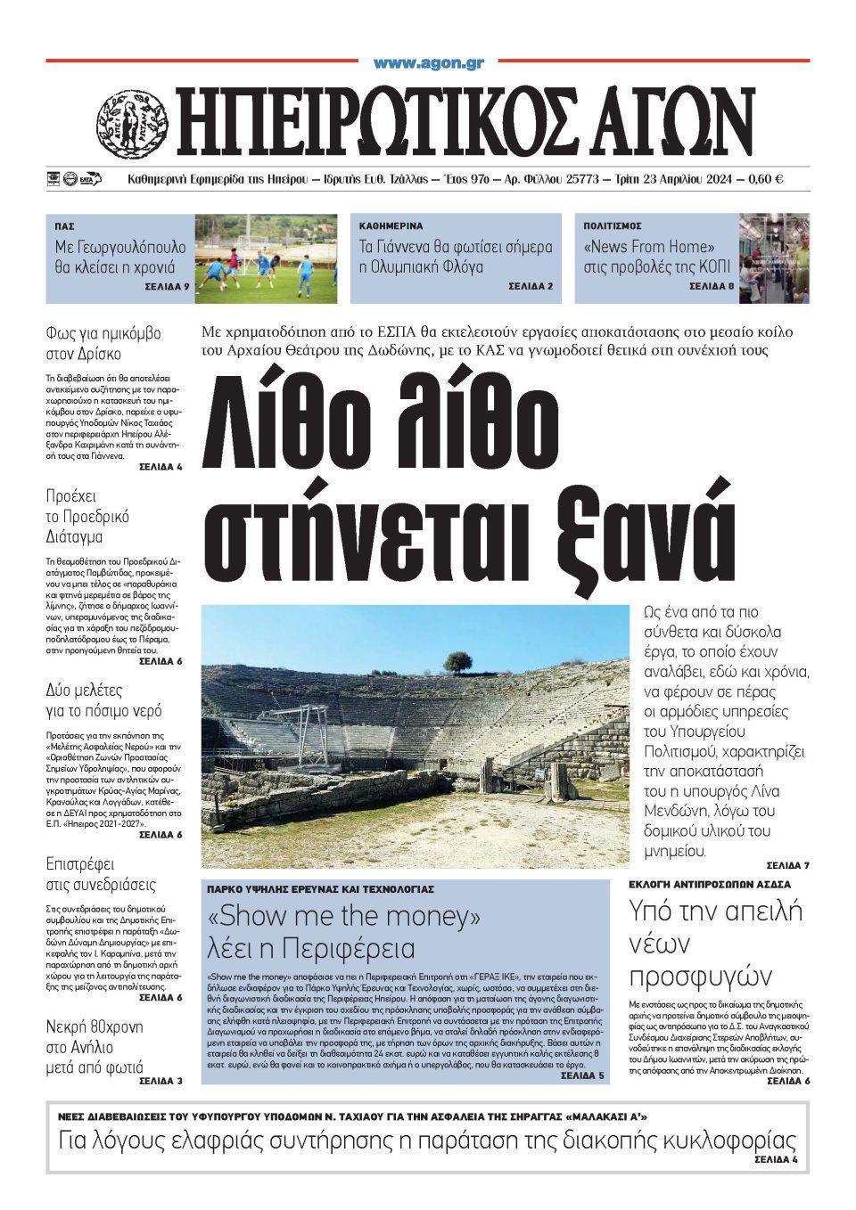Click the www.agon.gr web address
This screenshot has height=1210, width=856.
428,63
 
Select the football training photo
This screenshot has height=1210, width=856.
267,258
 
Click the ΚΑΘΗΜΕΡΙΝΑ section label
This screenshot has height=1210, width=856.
391,226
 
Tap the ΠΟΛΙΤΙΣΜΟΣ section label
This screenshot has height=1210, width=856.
613,226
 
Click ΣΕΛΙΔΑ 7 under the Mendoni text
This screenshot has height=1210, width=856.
787,865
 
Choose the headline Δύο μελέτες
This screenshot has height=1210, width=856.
84,690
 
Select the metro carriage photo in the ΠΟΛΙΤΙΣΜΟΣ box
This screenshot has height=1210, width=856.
774,258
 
